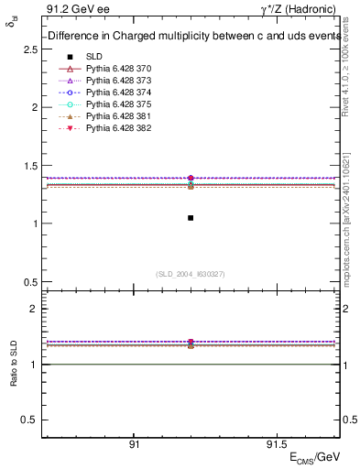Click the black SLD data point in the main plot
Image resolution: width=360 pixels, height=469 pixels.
pyautogui.click(x=191, y=218)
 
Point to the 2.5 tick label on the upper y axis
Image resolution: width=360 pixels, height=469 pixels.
pyautogui.click(x=29, y=49)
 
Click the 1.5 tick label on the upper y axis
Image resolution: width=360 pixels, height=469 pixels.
pyautogui.click(x=29, y=166)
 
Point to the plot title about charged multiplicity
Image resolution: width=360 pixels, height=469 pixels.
pyautogui.click(x=191, y=35)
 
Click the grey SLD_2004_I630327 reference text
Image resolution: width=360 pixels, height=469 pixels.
pyautogui.click(x=190, y=273)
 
